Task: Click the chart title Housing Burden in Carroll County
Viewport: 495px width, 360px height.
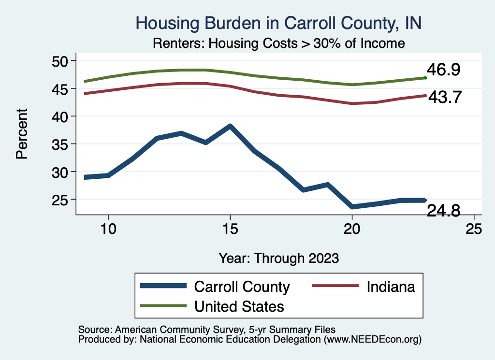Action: pos(279,23)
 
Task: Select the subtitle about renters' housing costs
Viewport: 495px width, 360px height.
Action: pos(278,43)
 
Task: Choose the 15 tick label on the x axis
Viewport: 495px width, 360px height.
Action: pos(230,229)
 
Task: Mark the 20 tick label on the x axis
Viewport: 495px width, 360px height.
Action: pos(352,229)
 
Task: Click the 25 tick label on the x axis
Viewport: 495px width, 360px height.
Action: pos(474,229)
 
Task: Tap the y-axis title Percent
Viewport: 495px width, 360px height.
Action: pos(21,140)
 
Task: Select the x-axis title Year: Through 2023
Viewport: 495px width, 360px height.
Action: pos(278,258)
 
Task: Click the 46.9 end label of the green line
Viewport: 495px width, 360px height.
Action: pos(443,70)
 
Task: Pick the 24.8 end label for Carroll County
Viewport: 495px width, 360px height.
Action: pos(443,211)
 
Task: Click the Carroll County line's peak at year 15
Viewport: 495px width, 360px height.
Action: pos(230,127)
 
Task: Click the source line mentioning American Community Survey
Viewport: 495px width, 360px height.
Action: pos(206,330)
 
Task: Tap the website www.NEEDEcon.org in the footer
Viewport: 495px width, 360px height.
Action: pos(372,340)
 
